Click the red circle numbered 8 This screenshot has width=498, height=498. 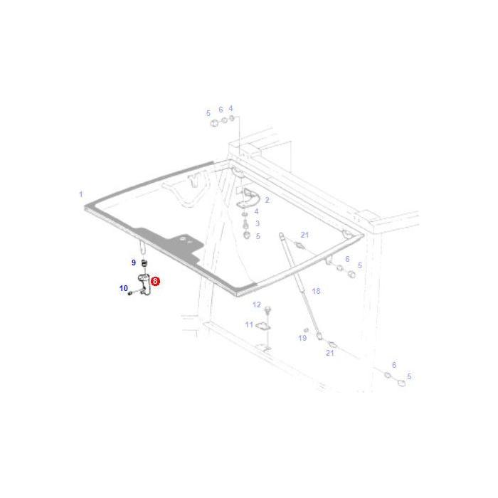click(155, 281)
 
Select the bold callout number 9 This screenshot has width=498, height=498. click(134, 263)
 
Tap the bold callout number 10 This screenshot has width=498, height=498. click(124, 288)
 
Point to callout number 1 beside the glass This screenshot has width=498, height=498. click(81, 194)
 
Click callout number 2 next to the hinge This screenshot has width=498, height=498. click(267, 200)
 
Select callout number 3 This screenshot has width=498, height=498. click(258, 223)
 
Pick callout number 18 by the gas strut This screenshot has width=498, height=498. click(316, 291)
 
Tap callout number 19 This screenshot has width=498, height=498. click(302, 338)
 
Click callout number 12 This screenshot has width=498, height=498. click(257, 304)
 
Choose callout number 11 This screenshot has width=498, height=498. click(249, 324)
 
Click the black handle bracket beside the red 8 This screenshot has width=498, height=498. click(144, 285)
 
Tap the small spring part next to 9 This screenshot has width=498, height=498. click(144, 263)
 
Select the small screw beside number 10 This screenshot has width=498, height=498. click(130, 293)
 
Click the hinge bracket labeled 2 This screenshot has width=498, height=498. click(248, 198)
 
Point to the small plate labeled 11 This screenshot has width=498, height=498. click(263, 326)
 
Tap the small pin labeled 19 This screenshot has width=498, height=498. click(306, 330)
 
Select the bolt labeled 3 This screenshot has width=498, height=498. click(245, 223)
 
